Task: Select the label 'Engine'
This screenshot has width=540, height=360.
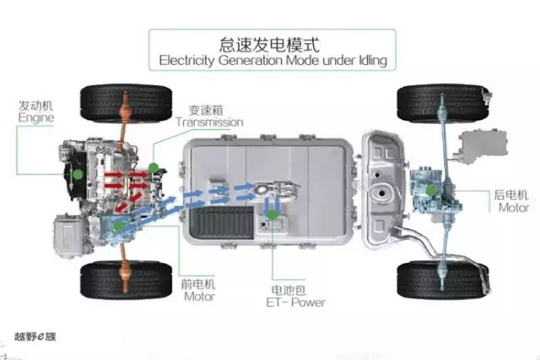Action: (x=35, y=119)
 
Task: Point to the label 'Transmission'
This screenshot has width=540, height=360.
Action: (x=209, y=122)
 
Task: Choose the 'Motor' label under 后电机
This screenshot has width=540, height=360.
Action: (x=513, y=207)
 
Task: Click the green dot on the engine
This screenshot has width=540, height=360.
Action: (x=77, y=173)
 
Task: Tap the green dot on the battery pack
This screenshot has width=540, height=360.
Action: (x=273, y=215)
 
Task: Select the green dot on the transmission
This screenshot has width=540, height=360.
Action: (x=153, y=168)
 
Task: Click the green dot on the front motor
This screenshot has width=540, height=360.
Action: (x=120, y=225)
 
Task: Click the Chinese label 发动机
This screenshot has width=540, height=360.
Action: (x=35, y=106)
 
